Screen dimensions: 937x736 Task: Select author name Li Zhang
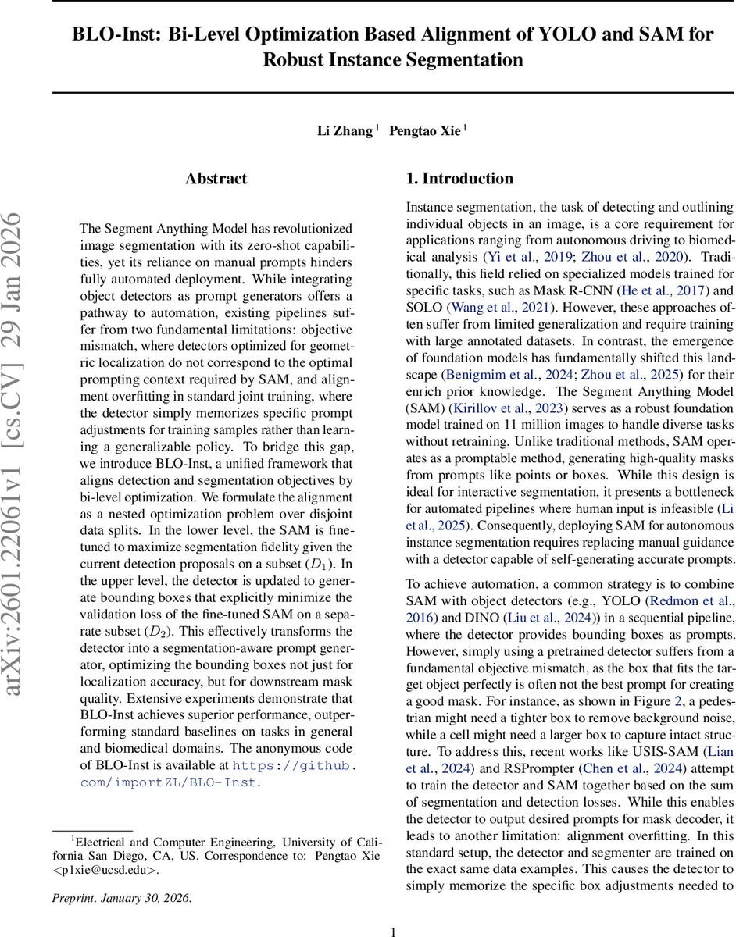[x=344, y=130]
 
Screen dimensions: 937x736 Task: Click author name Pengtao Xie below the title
[x=426, y=130]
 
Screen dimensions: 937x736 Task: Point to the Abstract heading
[x=216, y=179]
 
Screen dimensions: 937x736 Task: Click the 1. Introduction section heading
[x=459, y=179]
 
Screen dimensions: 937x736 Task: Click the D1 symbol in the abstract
[x=310, y=563]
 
